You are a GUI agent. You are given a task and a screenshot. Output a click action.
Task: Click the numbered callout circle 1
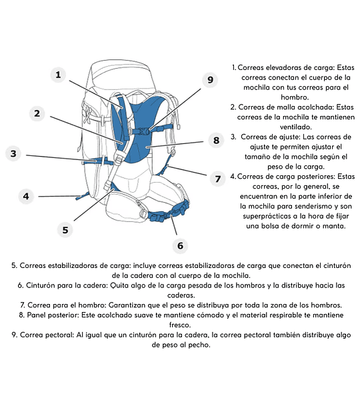coord(58,75)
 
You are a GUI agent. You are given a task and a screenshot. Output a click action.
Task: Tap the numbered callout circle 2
coord(37,113)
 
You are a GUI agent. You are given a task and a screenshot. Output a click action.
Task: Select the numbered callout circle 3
coord(13,153)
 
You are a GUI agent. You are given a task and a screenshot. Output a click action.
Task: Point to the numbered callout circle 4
coord(26,196)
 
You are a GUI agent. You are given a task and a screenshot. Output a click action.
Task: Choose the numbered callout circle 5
coord(65,230)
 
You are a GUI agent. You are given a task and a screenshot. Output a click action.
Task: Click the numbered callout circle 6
coord(180,245)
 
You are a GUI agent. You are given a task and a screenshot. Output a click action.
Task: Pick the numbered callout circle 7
coord(217,179)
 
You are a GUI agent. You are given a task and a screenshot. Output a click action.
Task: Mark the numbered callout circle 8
coord(216,140)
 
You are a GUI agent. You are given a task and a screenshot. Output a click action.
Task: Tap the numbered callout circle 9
coord(210,79)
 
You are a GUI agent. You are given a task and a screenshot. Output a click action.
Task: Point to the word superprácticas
coord(267,216)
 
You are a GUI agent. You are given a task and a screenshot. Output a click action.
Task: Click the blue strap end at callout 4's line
coord(82,196)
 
